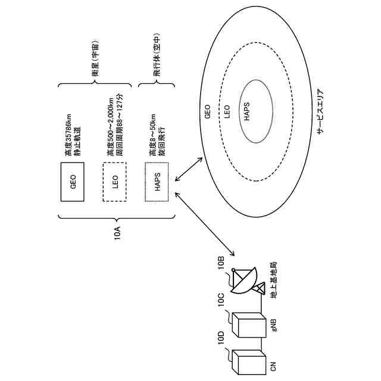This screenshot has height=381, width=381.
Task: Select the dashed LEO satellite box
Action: point(115,182)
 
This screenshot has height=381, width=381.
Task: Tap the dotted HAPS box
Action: point(158,182)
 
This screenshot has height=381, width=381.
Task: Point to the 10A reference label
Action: point(117,232)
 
